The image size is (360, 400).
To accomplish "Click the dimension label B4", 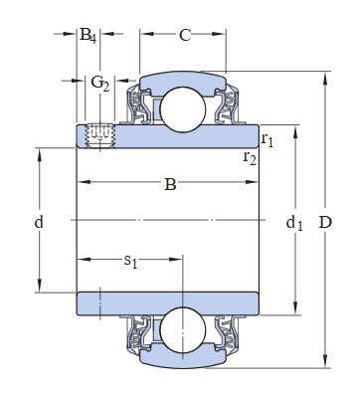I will coord(88,37).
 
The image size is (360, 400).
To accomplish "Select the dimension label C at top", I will coord(184,37).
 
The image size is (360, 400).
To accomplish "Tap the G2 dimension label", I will coord(99,82).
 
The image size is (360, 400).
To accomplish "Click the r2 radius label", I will coord(250,157).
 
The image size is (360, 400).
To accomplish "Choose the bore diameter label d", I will coord(39,222).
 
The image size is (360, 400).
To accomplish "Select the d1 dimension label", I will coord(293,223).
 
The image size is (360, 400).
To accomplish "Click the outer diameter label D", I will coord(324,222).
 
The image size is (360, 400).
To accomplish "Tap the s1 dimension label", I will coord(130,261).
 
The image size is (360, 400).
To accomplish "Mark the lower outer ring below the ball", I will coord(184,357).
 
